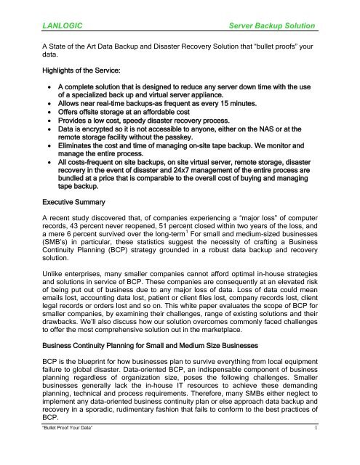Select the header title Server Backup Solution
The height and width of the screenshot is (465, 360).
pyautogui.click(x=271, y=26)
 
